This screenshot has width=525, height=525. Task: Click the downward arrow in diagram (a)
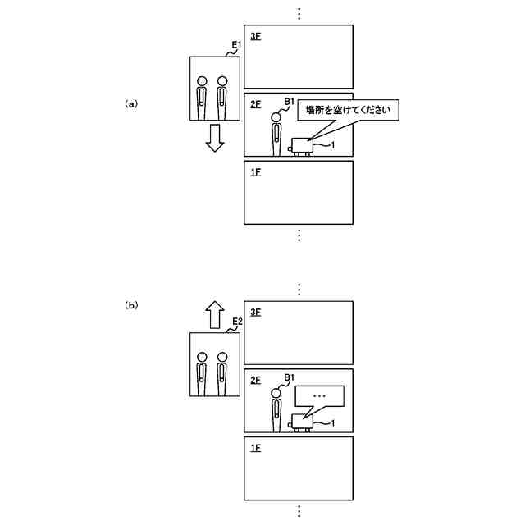[x=215, y=139]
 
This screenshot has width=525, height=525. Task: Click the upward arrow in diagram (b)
[x=215, y=314]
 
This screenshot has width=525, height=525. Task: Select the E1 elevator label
[x=235, y=44]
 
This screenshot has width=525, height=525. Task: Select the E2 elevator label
[x=236, y=321]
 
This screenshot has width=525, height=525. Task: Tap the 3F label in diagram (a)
[x=255, y=37]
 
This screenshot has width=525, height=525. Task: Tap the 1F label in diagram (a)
[x=255, y=172]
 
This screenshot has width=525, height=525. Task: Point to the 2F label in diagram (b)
[x=255, y=381]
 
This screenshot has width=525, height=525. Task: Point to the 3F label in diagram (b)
[x=255, y=313]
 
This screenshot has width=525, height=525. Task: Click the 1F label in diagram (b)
[x=255, y=448]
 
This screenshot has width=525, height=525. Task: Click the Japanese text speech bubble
[x=349, y=111]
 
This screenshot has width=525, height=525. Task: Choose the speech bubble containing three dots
[x=320, y=396]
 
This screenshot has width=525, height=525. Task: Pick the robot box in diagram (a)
[x=302, y=144]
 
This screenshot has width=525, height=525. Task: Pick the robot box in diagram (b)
[x=302, y=420]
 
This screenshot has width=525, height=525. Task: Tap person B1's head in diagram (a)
[x=276, y=118]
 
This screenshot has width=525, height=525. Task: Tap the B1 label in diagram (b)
[x=289, y=377]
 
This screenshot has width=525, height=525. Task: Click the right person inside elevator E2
[x=221, y=372]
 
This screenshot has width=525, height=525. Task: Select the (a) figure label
[x=131, y=104]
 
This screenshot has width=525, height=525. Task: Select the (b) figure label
[x=131, y=305]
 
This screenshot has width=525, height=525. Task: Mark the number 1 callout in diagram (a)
[x=333, y=145]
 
